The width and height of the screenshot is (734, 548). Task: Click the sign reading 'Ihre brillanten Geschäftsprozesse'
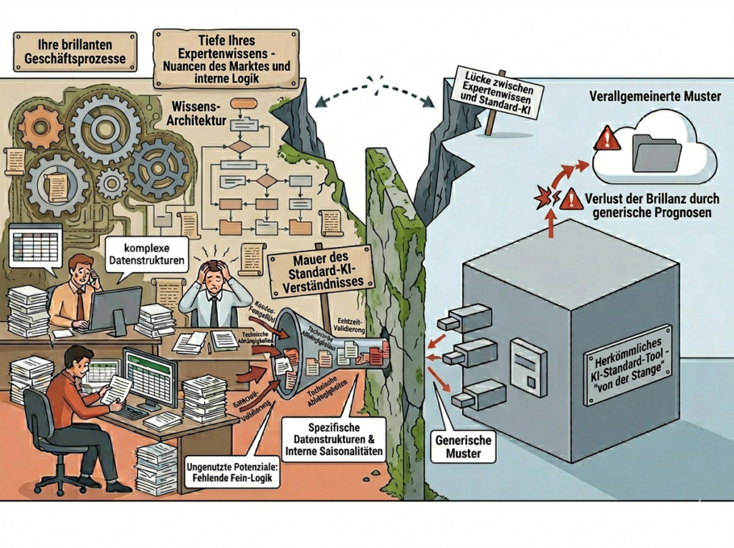point(75,51)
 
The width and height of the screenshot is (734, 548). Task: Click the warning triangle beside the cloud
point(607,138)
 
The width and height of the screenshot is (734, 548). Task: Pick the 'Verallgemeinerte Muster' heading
point(654,96)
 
